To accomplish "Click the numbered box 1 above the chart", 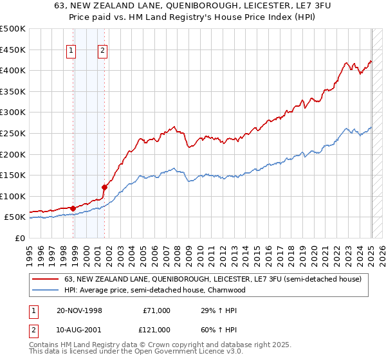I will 71,53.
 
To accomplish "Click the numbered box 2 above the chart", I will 102,53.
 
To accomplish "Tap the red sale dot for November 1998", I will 73,208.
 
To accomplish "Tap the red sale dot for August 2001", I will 104,187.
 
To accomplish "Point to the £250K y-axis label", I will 14,133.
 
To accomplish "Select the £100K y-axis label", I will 14,196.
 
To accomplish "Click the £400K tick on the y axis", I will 14,70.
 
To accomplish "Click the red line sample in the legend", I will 46,280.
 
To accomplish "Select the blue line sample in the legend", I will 46,290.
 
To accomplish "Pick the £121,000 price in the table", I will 156,329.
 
